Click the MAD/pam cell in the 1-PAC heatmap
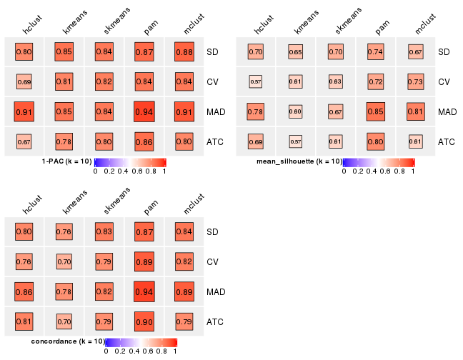pos(144,111)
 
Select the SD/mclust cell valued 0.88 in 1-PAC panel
pos(184,51)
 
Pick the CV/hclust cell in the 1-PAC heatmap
pos(24,81)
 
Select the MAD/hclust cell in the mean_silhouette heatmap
pos(255,111)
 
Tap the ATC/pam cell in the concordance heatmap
pos(144,322)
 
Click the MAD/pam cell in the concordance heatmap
pos(144,292)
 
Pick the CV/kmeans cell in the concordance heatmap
pos(64,262)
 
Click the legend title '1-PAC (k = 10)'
pos(67,162)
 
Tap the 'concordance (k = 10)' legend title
pos(69,342)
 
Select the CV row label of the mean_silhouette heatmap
pos(444,82)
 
